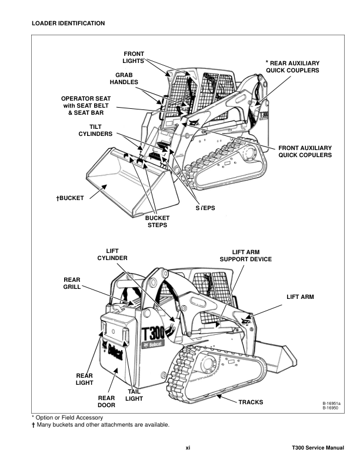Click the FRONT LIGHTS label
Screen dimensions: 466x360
[134, 57]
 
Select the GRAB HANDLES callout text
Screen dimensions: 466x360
[124, 78]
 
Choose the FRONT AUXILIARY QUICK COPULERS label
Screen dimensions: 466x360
[305, 151]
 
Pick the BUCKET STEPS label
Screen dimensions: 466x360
[157, 221]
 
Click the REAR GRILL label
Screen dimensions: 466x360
[72, 283]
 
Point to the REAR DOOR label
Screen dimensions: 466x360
[106, 402]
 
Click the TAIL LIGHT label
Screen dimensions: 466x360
[135, 395]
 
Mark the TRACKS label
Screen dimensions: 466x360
[251, 402]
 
